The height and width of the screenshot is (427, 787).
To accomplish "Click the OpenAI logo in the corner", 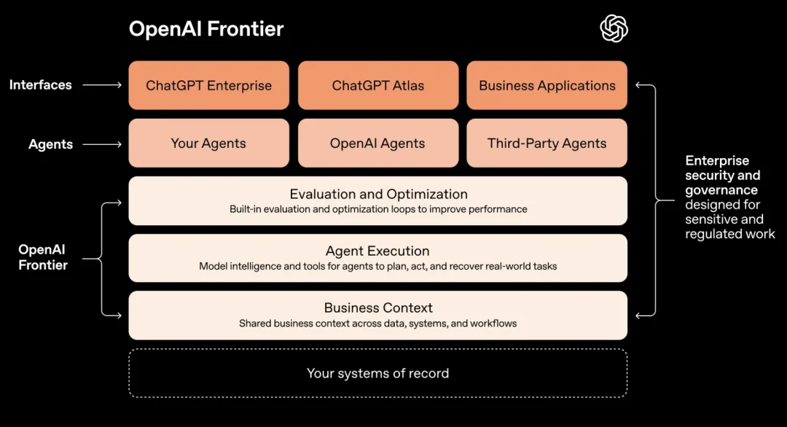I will coord(614,29).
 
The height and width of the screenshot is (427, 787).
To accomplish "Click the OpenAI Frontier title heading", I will coord(206,29).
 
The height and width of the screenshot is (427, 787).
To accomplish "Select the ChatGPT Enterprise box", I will coord(208,85).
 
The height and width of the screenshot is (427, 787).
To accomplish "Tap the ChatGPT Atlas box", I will coord(377,85).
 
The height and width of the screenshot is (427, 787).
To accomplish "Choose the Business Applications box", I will coord(547,85).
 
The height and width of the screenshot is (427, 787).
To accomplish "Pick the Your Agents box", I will coord(208,144).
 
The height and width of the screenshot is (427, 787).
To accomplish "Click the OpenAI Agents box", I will coord(377,144).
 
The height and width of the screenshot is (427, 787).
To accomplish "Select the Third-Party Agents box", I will coord(547,144).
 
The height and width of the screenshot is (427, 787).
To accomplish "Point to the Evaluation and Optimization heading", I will coord(378,194).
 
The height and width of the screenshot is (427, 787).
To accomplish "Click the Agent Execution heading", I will coord(377,251).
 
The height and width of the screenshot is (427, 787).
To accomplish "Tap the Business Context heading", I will coord(378,307).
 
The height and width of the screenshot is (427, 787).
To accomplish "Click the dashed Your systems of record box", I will coord(377,373).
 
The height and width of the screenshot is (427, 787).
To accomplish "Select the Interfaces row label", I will coord(41,85).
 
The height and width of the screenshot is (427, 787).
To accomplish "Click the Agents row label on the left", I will coord(51,144).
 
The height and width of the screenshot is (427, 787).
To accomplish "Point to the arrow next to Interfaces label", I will coord(102,85).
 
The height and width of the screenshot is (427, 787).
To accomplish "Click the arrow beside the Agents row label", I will coord(102,144).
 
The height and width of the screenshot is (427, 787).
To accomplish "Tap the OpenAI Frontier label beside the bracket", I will coord(43,257).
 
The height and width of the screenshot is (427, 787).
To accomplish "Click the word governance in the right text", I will coord(721,190).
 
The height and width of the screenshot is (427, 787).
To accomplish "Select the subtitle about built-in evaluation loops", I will coord(378,209).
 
